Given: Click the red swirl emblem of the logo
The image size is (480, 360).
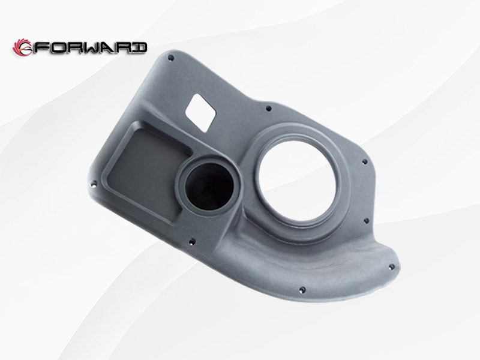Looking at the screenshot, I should [23, 47].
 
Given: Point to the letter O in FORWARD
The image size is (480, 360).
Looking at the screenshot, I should [57, 47].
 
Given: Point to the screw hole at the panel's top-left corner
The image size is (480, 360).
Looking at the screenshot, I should [171, 58].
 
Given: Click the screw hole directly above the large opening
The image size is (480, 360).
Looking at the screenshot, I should [268, 109].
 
